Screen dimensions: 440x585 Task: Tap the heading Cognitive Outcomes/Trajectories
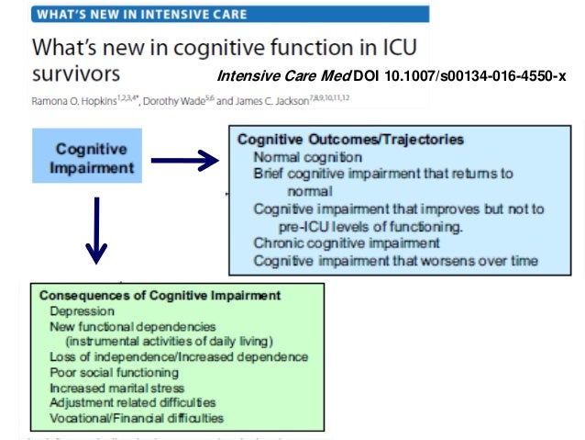pos(350,140)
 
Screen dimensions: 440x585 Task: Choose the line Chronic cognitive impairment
pos(347,243)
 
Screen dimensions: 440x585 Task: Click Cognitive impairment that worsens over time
pos(395,260)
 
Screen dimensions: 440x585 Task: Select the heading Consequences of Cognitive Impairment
pos(160,296)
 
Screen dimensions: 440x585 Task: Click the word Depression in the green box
pos(82,311)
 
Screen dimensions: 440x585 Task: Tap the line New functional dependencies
pos(133,326)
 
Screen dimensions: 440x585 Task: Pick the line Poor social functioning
pos(114,372)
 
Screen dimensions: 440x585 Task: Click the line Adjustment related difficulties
pos(133,402)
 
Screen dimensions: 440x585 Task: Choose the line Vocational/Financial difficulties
pos(137,418)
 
